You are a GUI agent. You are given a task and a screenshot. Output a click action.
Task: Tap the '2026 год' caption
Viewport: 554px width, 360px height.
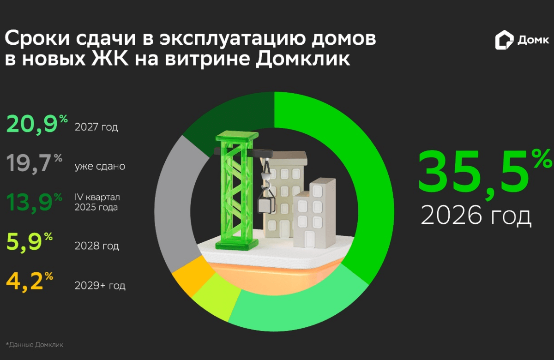point(476,215)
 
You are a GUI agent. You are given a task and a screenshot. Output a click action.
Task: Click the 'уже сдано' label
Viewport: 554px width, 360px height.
point(100,166)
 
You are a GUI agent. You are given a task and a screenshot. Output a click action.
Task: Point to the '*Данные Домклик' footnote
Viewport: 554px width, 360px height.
point(35,344)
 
